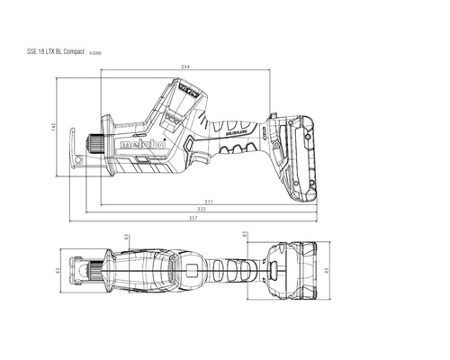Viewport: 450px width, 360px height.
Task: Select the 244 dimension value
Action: coord(185,67)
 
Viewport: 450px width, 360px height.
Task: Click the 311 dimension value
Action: coord(208,200)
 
